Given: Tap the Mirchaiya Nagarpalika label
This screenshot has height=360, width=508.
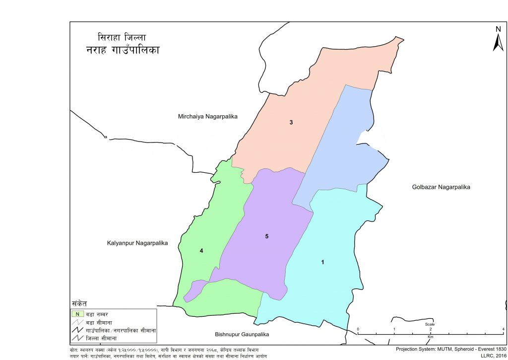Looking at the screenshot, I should (208, 116).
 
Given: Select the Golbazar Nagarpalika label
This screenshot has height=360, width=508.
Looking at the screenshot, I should (441, 187).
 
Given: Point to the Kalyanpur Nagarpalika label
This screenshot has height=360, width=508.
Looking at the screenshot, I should (137, 243).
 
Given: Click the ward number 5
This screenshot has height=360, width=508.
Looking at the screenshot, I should (266, 236).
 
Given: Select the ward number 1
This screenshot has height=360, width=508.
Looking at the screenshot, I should (323, 262).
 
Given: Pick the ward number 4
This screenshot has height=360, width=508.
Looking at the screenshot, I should (201, 251).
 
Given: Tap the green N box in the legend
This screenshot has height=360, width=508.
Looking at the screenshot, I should (77, 313).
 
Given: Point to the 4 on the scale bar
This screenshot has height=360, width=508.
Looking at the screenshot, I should (503, 330).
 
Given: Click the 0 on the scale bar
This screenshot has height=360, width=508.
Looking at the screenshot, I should (358, 330).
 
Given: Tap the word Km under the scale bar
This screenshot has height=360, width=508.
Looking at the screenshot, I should (430, 336).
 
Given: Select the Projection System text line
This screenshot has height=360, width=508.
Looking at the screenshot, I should (450, 349).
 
